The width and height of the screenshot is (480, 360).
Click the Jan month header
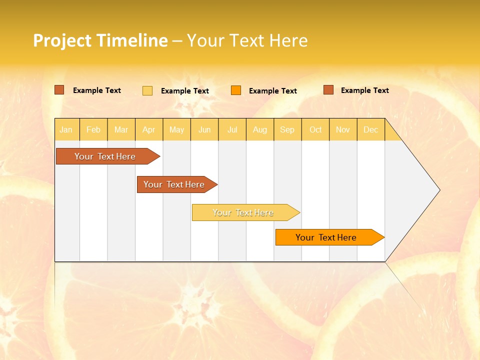pyautogui.click(x=66, y=130)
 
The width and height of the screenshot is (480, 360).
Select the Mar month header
pyautogui.click(x=121, y=130)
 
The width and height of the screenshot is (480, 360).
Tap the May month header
pyautogui.click(x=176, y=130)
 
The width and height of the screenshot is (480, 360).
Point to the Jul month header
pyautogui.click(x=232, y=130)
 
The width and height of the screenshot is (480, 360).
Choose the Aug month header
pyautogui.click(x=260, y=130)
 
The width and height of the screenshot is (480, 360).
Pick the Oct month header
pyautogui.click(x=315, y=130)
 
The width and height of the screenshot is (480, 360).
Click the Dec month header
pyautogui.click(x=370, y=130)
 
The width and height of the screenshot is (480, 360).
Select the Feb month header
pyautogui.click(x=93, y=130)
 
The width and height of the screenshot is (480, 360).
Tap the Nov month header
pyautogui.click(x=343, y=130)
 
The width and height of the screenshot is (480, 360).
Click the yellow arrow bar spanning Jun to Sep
pyautogui.click(x=243, y=212)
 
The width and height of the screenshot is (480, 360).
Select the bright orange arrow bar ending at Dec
pyautogui.click(x=326, y=237)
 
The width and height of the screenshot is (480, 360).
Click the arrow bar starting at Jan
pyautogui.click(x=105, y=156)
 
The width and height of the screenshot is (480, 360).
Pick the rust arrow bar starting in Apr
pyautogui.click(x=174, y=184)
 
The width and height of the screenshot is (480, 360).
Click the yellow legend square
pyautogui.click(x=147, y=90)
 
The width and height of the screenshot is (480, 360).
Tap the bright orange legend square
pyautogui.click(x=236, y=90)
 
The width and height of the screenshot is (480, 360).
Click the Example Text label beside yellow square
pyautogui.click(x=185, y=91)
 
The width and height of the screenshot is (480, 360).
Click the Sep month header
pyautogui.click(x=287, y=130)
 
